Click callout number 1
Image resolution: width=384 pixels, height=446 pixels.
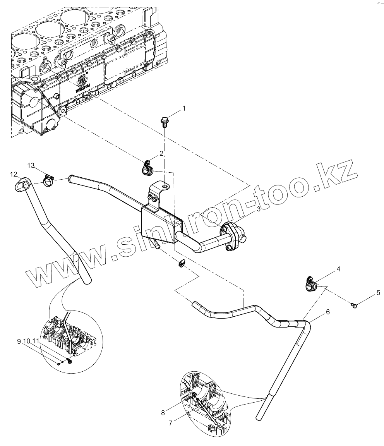point(184,108)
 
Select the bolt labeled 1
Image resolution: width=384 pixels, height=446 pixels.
point(165,122)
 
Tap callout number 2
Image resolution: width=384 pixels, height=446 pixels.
point(161,154)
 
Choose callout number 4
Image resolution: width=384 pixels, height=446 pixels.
point(338,269)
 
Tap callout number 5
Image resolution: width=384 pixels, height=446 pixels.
point(378,293)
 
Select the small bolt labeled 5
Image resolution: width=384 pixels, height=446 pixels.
point(353,306)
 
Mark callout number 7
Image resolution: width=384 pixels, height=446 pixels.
point(170,423)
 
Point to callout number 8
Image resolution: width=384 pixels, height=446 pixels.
point(163,413)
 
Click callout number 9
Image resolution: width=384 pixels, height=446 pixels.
point(19,341)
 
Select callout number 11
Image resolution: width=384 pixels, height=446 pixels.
point(36,341)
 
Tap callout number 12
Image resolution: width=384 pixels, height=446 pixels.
point(14,175)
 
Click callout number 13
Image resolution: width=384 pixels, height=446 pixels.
point(31,166)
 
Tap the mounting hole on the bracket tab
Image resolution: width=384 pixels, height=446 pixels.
point(165,187)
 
